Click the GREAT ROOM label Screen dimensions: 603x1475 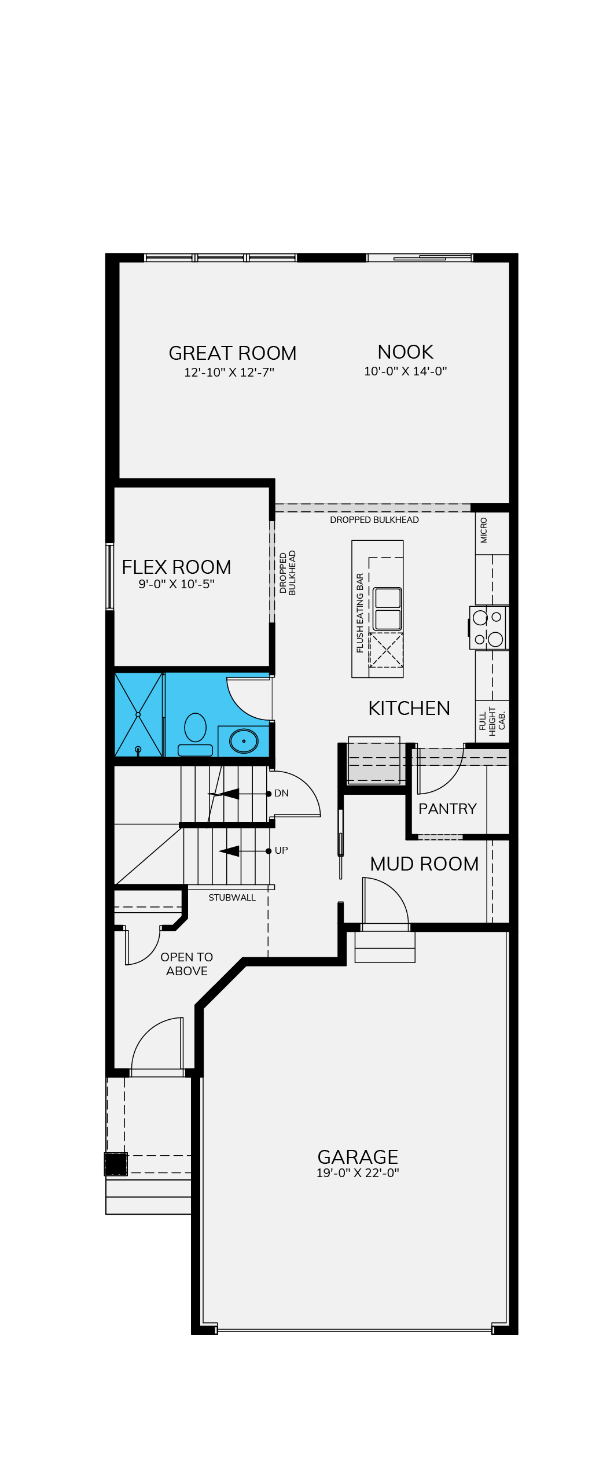pyautogui.click(x=232, y=353)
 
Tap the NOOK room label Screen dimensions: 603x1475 pyautogui.click(x=405, y=352)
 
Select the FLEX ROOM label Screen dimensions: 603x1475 pyautogui.click(x=176, y=567)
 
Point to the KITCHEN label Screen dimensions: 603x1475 pyautogui.click(x=409, y=708)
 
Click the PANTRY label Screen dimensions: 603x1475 pyautogui.click(x=447, y=809)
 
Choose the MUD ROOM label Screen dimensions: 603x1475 pyautogui.click(x=424, y=864)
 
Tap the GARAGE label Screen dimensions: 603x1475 pyautogui.click(x=358, y=1157)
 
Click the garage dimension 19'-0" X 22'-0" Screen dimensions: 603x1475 pyautogui.click(x=358, y=1172)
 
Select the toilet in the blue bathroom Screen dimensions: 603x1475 pyautogui.click(x=195, y=734)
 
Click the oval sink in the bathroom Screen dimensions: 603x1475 pyautogui.click(x=244, y=741)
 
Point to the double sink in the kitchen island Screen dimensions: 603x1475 pyautogui.click(x=387, y=609)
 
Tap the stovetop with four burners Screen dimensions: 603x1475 pyautogui.click(x=488, y=628)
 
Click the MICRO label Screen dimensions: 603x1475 pyautogui.click(x=484, y=530)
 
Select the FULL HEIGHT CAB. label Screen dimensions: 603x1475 pyautogui.click(x=492, y=721)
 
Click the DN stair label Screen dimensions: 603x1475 pyautogui.click(x=281, y=793)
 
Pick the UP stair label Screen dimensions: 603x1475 pyautogui.click(x=281, y=850)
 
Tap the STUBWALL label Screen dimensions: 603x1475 pyautogui.click(x=232, y=897)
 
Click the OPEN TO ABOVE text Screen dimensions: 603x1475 pyautogui.click(x=186, y=964)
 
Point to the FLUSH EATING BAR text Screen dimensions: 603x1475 pyautogui.click(x=360, y=613)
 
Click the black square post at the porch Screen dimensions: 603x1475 pyautogui.click(x=116, y=1164)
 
